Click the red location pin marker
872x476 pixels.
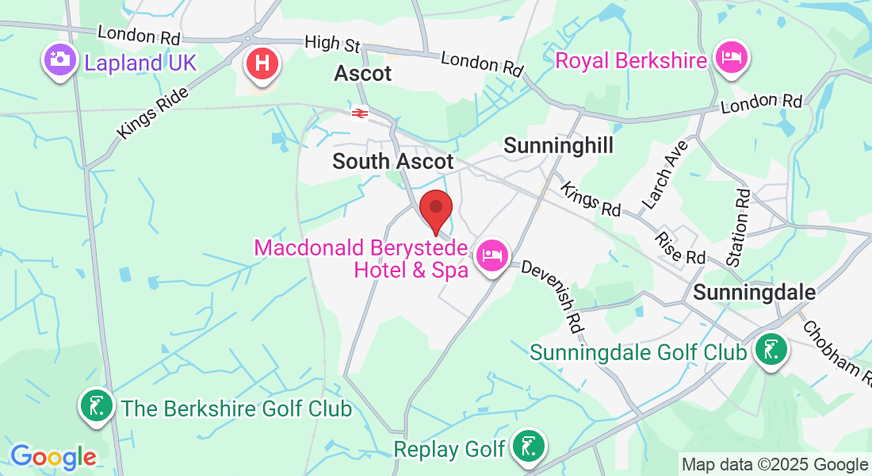point(435,209)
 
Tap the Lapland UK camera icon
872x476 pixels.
point(58,60)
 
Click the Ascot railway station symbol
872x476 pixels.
point(360,113)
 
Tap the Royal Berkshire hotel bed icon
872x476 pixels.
point(729,58)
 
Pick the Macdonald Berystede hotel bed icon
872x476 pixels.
point(492,255)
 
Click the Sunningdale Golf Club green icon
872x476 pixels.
point(770,349)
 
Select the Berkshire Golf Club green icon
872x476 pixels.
point(96,406)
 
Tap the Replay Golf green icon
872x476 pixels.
point(527,447)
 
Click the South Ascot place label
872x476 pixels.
point(393,161)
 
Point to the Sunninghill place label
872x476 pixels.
point(559,145)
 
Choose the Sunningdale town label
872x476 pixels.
point(754,292)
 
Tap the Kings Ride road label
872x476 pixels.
point(154,113)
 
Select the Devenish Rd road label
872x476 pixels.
point(552,293)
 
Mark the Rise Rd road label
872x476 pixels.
point(681,247)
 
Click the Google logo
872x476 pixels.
point(53,457)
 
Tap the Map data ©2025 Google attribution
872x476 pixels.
point(775,465)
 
